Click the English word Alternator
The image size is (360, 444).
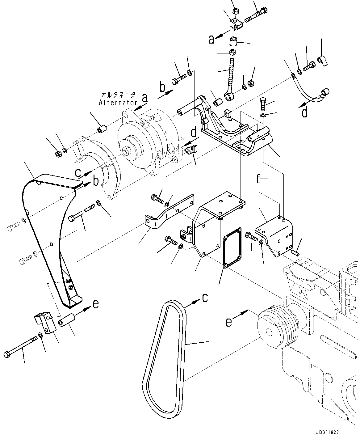point(118,103)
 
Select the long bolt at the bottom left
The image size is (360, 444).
point(20,347)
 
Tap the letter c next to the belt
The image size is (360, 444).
point(205,298)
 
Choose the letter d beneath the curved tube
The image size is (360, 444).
point(304,113)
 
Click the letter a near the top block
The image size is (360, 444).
point(211,39)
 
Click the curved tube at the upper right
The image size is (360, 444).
point(309,93)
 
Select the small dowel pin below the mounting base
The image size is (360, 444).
point(259,179)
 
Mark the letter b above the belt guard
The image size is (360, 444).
point(96,181)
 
